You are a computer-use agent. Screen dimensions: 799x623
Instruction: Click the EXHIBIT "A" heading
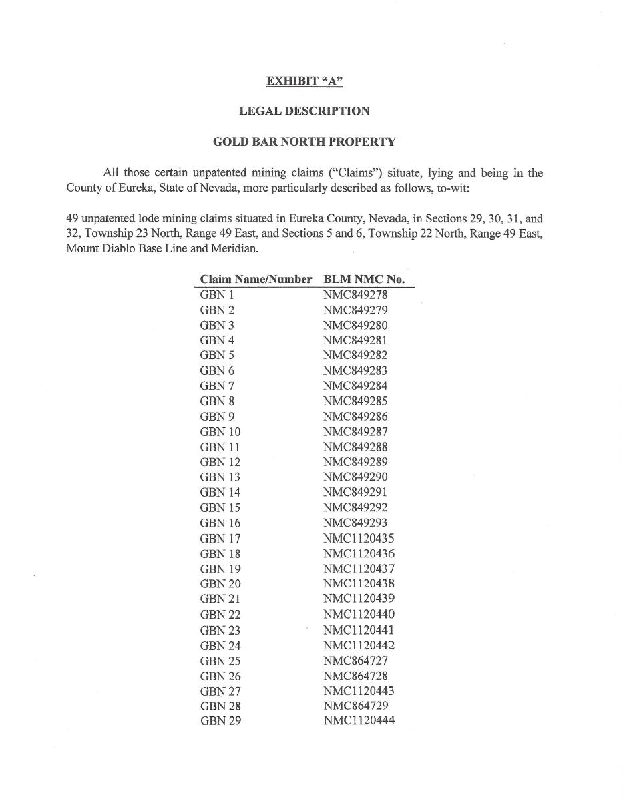pos(304,81)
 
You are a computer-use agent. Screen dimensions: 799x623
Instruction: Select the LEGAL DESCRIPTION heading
pos(304,111)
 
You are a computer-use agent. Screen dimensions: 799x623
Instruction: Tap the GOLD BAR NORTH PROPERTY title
pos(304,142)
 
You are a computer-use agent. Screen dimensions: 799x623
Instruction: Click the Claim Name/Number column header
pos(256,279)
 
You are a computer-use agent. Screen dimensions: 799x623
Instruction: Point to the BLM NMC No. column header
pos(364,279)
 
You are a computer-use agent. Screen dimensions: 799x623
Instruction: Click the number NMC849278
pos(355,294)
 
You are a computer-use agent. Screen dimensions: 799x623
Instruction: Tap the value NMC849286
pos(355,417)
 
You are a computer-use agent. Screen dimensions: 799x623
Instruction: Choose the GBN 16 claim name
pos(220,523)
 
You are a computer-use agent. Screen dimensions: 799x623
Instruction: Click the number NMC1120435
pos(359,538)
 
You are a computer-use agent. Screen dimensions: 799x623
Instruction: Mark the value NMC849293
pos(355,523)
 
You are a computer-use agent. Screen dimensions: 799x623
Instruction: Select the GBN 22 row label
pos(220,615)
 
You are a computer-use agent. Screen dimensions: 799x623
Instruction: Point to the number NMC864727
pos(355,661)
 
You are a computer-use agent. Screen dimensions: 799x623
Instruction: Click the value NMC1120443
pos(359,691)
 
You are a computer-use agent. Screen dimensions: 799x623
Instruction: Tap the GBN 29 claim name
pos(220,721)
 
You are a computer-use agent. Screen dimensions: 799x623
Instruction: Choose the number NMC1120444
pos(359,721)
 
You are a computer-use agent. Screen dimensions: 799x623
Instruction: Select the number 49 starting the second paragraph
pos(72,218)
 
